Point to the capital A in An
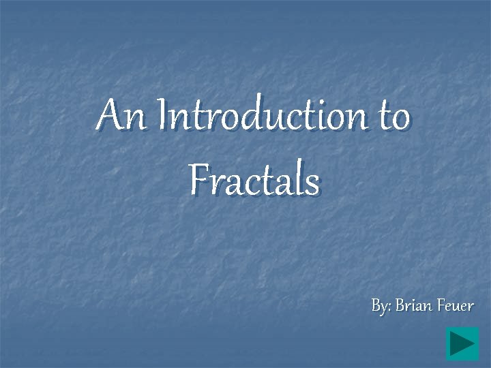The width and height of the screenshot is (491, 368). (108, 114)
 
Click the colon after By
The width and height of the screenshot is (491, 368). (389, 307)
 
